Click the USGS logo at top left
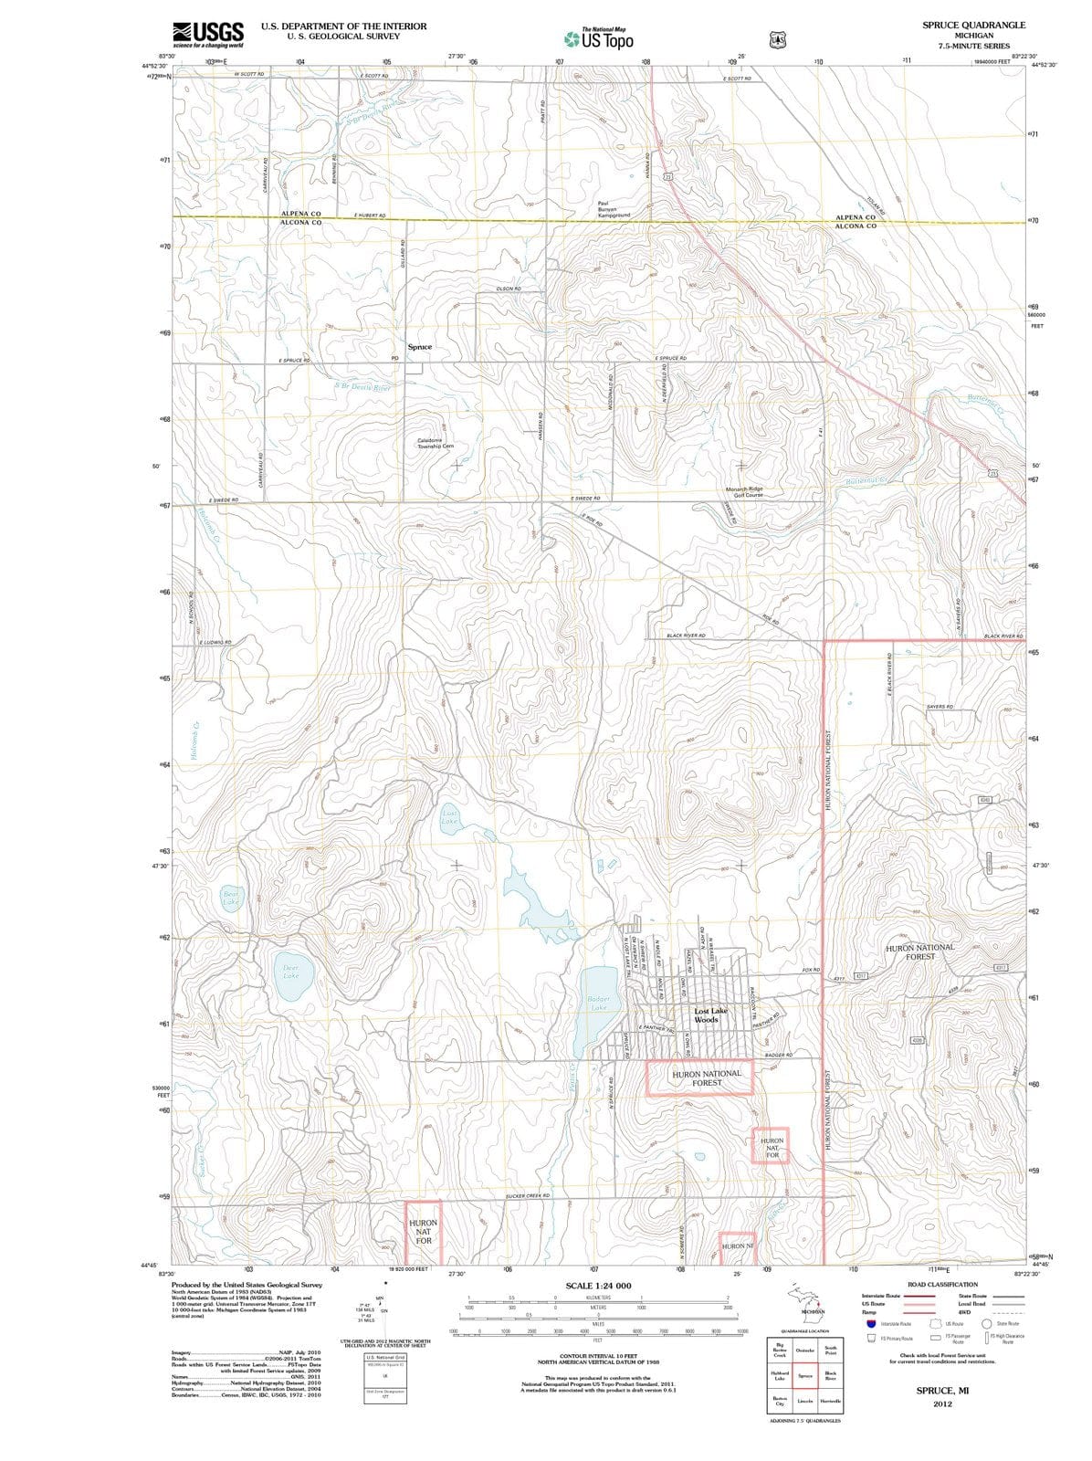[208, 34]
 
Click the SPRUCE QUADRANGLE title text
[973, 25]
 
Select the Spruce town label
[419, 347]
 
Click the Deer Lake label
[290, 971]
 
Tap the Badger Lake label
[599, 1004]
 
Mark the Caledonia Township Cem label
[435, 443]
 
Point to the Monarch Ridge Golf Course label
[743, 491]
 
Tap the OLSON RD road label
[508, 289]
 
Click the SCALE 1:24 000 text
[598, 1286]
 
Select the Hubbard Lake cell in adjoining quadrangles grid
[780, 1374]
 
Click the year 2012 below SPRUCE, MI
[943, 1403]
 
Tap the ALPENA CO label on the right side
[856, 217]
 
